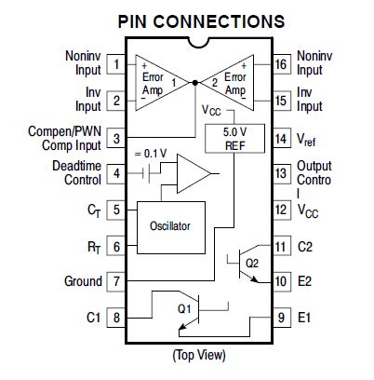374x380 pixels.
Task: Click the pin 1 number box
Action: click(x=116, y=64)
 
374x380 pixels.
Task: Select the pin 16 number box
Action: click(x=282, y=64)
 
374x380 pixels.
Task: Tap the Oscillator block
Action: click(x=171, y=227)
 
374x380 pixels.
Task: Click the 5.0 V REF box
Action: click(x=234, y=139)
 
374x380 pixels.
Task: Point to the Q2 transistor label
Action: click(x=252, y=264)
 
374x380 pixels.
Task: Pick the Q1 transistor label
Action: click(x=184, y=309)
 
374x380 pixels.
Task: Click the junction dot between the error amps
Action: click(x=194, y=83)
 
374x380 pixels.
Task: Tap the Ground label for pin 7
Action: click(x=83, y=281)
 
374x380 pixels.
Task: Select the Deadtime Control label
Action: click(x=76, y=173)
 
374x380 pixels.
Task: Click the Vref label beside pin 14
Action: click(x=306, y=140)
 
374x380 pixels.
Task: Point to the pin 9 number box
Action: click(x=282, y=318)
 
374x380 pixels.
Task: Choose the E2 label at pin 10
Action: click(x=304, y=281)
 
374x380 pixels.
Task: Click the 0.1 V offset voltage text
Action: click(x=151, y=154)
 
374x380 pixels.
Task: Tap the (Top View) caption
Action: click(x=199, y=355)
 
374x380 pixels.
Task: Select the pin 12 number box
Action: click(x=282, y=210)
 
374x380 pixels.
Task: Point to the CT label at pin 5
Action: click(x=94, y=210)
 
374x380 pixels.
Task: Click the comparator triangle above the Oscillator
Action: click(x=194, y=174)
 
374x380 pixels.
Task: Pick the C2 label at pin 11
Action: click(x=305, y=247)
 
